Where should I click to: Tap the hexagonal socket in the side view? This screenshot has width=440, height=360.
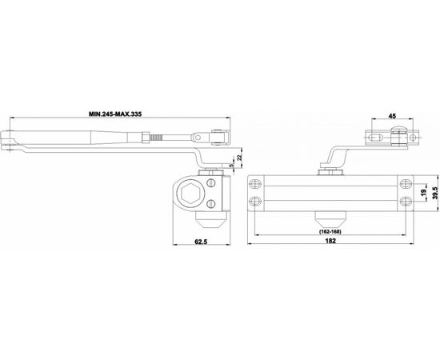click(191, 192)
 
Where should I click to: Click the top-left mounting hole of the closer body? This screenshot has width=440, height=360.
click(257, 183)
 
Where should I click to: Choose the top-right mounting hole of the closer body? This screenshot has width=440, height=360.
click(402, 183)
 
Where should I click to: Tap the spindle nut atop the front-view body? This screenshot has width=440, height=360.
click(328, 170)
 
